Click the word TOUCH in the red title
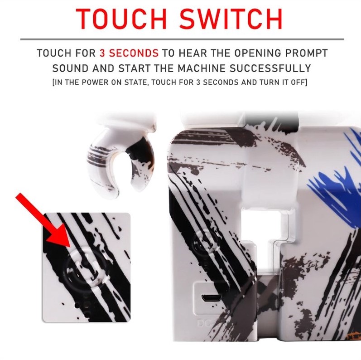coord(121,19)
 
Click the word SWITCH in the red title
coord(231,19)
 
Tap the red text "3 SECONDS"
coord(129,53)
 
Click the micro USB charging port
coord(212,297)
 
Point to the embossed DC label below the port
coord(204,323)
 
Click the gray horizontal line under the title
coord(182,39)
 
